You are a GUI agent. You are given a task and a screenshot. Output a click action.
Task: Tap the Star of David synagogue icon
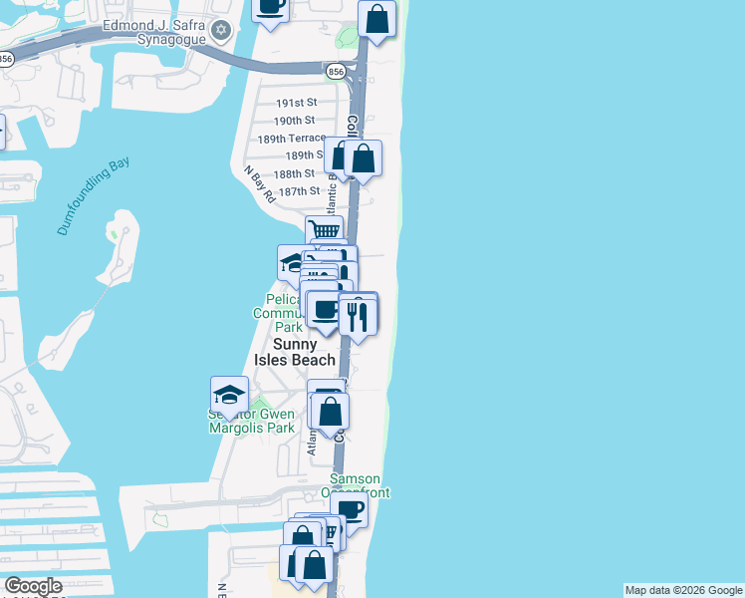[x=224, y=39]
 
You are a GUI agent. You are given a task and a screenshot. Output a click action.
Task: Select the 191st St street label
[x=296, y=103]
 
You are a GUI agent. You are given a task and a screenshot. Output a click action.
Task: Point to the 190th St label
[x=295, y=121]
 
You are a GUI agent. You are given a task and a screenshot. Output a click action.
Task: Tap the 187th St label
[x=299, y=191]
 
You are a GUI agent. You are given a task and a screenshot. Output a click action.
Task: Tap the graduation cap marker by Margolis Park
[x=229, y=394]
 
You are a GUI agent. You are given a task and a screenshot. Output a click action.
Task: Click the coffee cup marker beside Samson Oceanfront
[x=351, y=509]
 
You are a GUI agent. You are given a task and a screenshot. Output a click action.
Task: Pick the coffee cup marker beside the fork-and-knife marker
[x=325, y=309]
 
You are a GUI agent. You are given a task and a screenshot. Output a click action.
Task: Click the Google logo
[x=33, y=586]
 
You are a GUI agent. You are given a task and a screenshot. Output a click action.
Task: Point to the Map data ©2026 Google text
[x=683, y=590]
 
